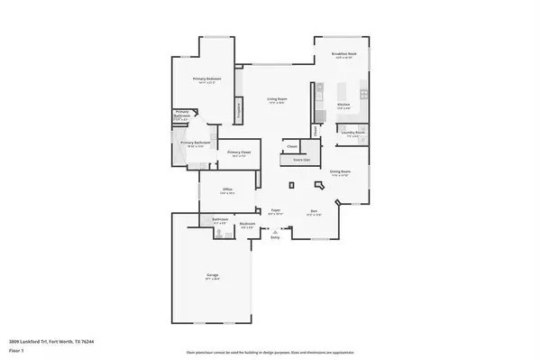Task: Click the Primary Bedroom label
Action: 206,79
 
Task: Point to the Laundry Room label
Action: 353,134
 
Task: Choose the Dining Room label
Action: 340,172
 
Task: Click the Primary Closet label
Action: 239,152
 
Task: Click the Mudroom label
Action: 246,224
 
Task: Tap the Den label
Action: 314,209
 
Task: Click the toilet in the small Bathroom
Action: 218,233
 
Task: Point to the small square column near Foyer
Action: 291,184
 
